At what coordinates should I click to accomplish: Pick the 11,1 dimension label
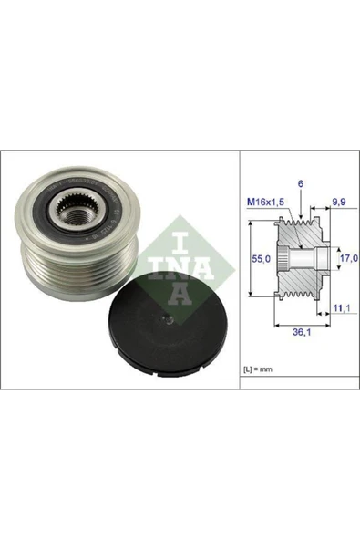340,310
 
